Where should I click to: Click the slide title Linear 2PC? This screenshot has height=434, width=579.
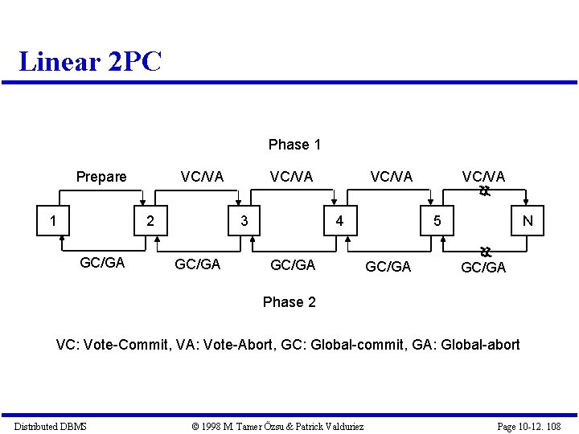pyautogui.click(x=90, y=61)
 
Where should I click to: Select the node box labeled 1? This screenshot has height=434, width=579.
pyautogui.click(x=53, y=220)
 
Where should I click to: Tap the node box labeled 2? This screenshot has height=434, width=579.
pyautogui.click(x=149, y=220)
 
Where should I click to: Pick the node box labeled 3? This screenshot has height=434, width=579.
pyautogui.click(x=244, y=220)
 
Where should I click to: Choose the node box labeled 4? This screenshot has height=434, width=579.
pyautogui.click(x=340, y=220)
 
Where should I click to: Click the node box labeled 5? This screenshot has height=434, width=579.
pyautogui.click(x=437, y=220)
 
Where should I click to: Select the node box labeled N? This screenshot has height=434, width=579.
pyautogui.click(x=527, y=220)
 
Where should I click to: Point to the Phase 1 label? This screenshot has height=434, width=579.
pyautogui.click(x=294, y=145)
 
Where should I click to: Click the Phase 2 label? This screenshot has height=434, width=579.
pyautogui.click(x=289, y=302)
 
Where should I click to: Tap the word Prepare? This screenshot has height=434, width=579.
pyautogui.click(x=101, y=177)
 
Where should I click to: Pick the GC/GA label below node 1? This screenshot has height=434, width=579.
pyautogui.click(x=102, y=263)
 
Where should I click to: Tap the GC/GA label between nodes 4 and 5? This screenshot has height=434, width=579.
pyautogui.click(x=388, y=266)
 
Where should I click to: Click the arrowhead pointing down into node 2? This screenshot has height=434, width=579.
pyautogui.click(x=142, y=203)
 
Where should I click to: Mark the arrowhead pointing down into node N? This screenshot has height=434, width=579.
pyautogui.click(x=525, y=203)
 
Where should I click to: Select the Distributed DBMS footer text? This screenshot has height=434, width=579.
pyautogui.click(x=51, y=426)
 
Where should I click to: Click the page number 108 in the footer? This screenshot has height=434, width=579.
pyautogui.click(x=552, y=426)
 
